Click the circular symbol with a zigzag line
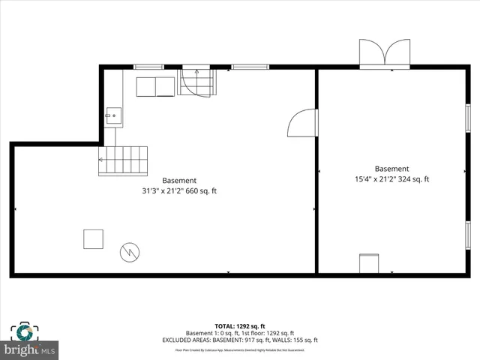(129, 251)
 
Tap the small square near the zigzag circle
(94, 238)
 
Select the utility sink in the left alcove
(113, 115)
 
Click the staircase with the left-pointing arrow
(123, 160)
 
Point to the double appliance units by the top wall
(155, 86)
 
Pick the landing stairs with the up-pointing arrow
(197, 82)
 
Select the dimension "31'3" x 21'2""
(163, 190)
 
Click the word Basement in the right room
(391, 169)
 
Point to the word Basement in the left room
(179, 180)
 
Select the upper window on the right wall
(467, 118)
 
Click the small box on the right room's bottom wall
(369, 264)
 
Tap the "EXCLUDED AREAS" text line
(240, 341)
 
